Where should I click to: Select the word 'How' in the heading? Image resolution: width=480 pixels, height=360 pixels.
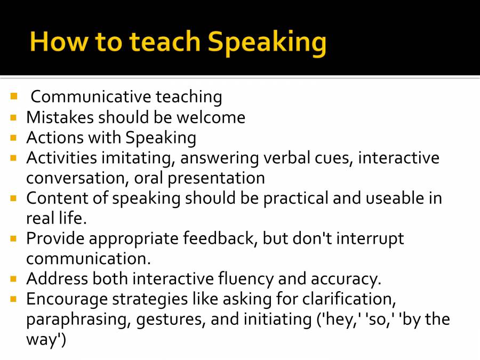tap(56, 42)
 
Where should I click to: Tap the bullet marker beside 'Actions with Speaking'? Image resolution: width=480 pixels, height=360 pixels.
tap(14, 138)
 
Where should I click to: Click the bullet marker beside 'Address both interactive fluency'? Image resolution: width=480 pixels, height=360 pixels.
tap(14, 278)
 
